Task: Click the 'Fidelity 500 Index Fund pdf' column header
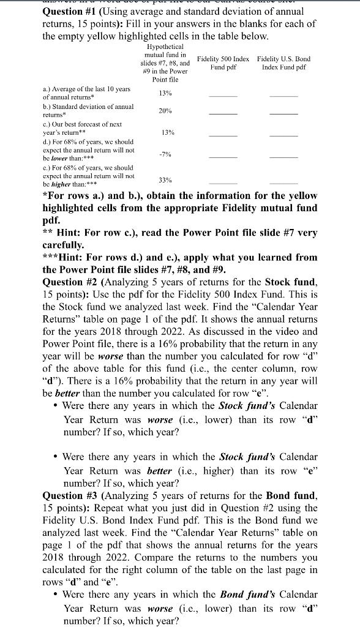[223, 62]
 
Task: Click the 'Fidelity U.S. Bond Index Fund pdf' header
[283, 62]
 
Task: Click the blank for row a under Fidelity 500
[223, 96]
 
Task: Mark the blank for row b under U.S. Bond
[283, 113]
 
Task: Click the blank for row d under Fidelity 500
[223, 157]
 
